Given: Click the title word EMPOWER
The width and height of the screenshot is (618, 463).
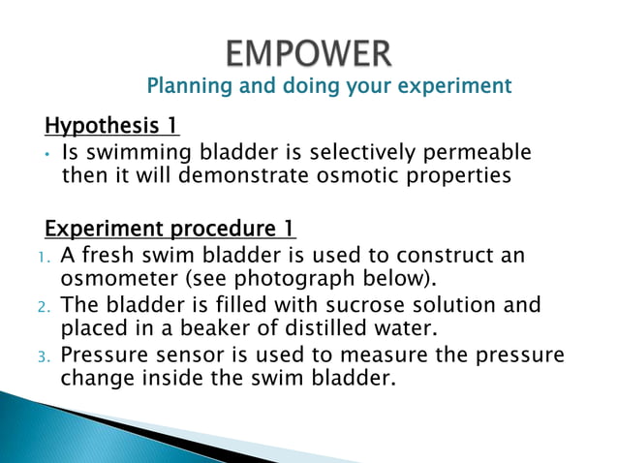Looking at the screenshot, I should (309, 50).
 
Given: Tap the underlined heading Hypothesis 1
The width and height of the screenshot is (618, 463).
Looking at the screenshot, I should (111, 126).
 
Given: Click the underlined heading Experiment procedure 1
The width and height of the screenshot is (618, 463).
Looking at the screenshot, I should (170, 230).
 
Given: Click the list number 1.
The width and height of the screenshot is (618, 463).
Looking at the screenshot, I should (42, 257).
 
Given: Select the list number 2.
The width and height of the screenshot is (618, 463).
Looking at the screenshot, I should (42, 307).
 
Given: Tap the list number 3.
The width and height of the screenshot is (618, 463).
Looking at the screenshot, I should (42, 355).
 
